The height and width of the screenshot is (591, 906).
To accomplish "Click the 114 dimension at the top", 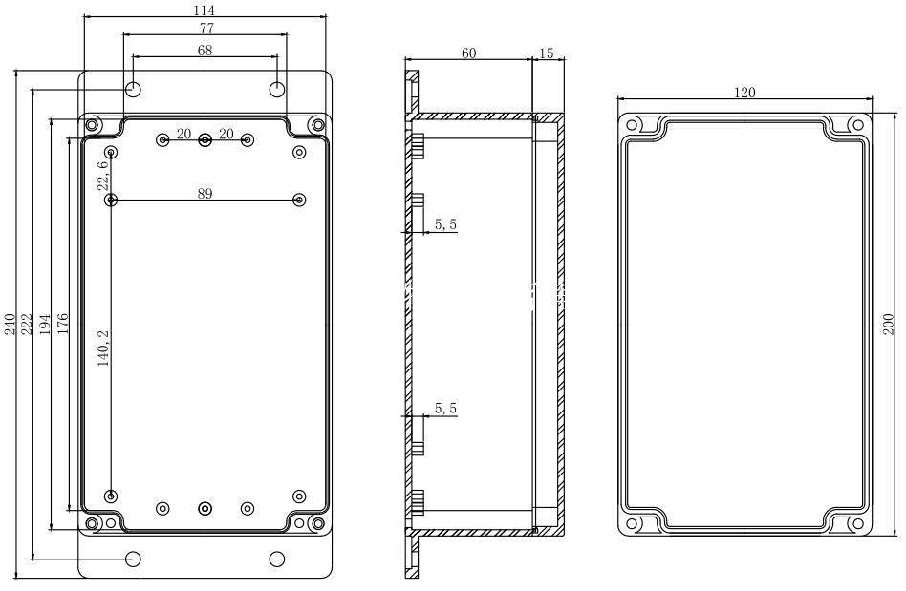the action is pyautogui.click(x=204, y=11).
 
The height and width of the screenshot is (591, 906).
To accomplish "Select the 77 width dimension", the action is pyautogui.click(x=206, y=29).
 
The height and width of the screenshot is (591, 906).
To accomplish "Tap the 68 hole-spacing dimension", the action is pyautogui.click(x=205, y=52).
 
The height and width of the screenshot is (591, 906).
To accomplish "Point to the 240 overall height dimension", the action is pyautogui.click(x=10, y=324).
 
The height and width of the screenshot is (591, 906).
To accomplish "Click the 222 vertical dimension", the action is pyautogui.click(x=27, y=324).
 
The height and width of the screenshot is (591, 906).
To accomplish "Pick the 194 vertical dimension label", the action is pyautogui.click(x=46, y=324).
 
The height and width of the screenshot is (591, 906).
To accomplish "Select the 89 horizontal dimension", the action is pyautogui.click(x=205, y=194).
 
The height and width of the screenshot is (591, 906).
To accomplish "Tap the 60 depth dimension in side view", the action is pyautogui.click(x=469, y=53).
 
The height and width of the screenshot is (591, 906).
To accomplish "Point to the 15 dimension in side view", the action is pyautogui.click(x=546, y=53).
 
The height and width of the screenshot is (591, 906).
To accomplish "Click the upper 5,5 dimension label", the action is pyautogui.click(x=445, y=224).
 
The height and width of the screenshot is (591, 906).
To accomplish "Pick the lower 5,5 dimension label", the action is pyautogui.click(x=445, y=409).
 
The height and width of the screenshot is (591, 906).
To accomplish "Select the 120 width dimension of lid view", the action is pyautogui.click(x=744, y=93).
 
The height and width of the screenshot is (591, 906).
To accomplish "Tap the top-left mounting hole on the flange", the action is pyautogui.click(x=134, y=90).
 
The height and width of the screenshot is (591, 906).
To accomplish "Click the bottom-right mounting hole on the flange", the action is pyautogui.click(x=277, y=559).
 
